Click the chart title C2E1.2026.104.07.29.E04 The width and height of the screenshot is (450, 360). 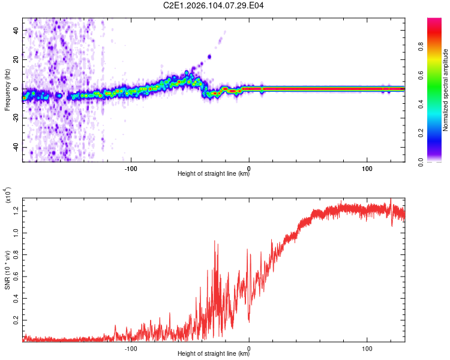coord(214,6)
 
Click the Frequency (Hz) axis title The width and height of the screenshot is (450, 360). coord(7,89)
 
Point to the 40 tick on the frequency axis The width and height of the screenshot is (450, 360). coord(16,30)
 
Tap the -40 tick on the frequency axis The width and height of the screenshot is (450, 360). coord(16,147)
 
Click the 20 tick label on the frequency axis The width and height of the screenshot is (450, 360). coord(16,59)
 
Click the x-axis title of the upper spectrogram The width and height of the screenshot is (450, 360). coord(214,174)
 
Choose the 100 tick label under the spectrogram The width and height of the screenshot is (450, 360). coord(367,167)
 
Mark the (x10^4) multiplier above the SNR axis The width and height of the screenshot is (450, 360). coord(7,196)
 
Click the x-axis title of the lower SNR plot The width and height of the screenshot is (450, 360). coord(214,354)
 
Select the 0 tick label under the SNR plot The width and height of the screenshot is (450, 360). coord(249,347)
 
